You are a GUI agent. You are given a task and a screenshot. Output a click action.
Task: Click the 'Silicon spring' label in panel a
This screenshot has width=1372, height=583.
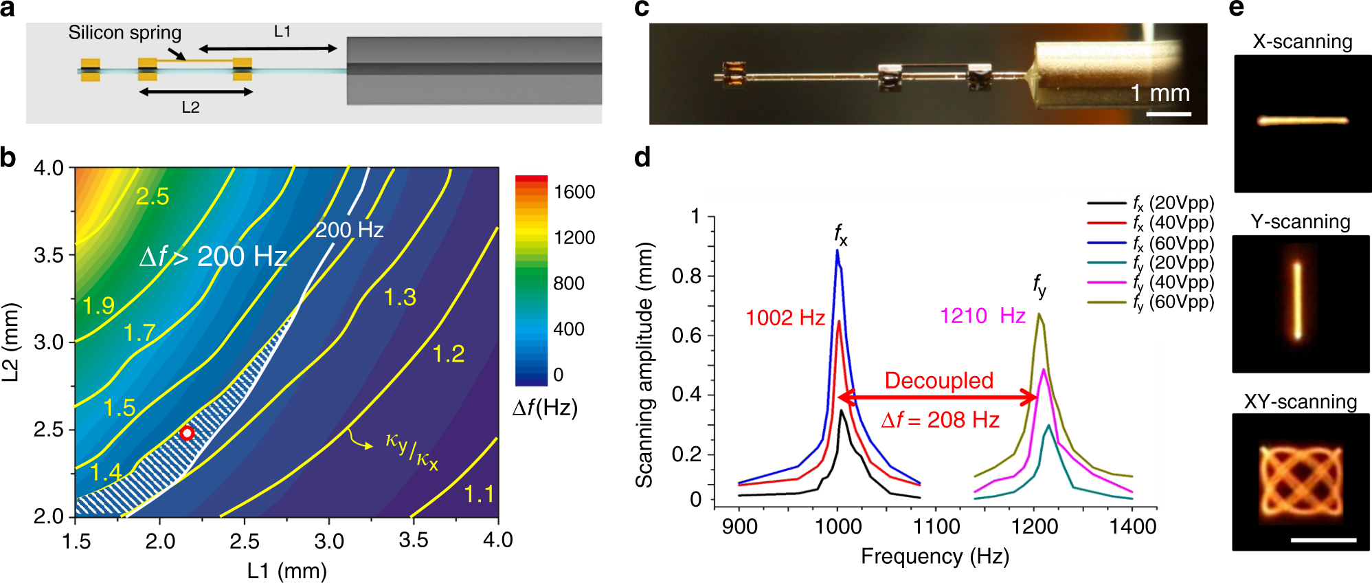click(124, 33)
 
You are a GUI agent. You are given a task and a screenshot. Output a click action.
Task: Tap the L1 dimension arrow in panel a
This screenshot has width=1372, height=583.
click(268, 48)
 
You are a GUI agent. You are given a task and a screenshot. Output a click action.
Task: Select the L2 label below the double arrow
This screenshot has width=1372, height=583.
click(190, 108)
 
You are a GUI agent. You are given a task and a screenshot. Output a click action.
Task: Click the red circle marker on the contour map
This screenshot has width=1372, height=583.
click(187, 433)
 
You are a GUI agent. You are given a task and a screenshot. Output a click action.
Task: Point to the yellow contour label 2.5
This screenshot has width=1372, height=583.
click(152, 197)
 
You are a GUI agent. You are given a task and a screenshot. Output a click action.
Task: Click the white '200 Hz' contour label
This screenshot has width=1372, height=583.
click(349, 230)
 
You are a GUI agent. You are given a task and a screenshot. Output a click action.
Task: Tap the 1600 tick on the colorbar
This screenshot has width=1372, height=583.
click(574, 192)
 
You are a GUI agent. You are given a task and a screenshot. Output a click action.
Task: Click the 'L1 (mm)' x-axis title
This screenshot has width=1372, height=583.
click(286, 571)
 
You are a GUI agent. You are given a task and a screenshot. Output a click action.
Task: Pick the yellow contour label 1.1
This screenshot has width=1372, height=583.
click(479, 494)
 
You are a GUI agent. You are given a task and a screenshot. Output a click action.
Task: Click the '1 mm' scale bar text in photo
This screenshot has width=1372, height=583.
click(1160, 93)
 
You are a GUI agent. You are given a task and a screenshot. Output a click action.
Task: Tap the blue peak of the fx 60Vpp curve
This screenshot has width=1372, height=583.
click(837, 252)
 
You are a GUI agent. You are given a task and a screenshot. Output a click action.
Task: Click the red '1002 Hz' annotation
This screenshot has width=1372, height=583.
click(785, 318)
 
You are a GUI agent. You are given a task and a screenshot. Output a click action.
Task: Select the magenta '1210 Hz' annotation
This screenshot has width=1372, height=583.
click(982, 316)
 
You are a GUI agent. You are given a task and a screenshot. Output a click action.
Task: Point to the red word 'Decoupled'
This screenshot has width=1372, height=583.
click(938, 380)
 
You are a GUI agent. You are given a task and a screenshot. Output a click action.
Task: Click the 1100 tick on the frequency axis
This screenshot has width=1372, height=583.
click(936, 527)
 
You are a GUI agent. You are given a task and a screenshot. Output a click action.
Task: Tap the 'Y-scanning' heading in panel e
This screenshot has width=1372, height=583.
click(1300, 221)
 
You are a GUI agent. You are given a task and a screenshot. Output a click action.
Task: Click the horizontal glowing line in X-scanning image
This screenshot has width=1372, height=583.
click(1302, 121)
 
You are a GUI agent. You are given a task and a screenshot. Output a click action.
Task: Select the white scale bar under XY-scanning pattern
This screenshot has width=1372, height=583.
click(1323, 540)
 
